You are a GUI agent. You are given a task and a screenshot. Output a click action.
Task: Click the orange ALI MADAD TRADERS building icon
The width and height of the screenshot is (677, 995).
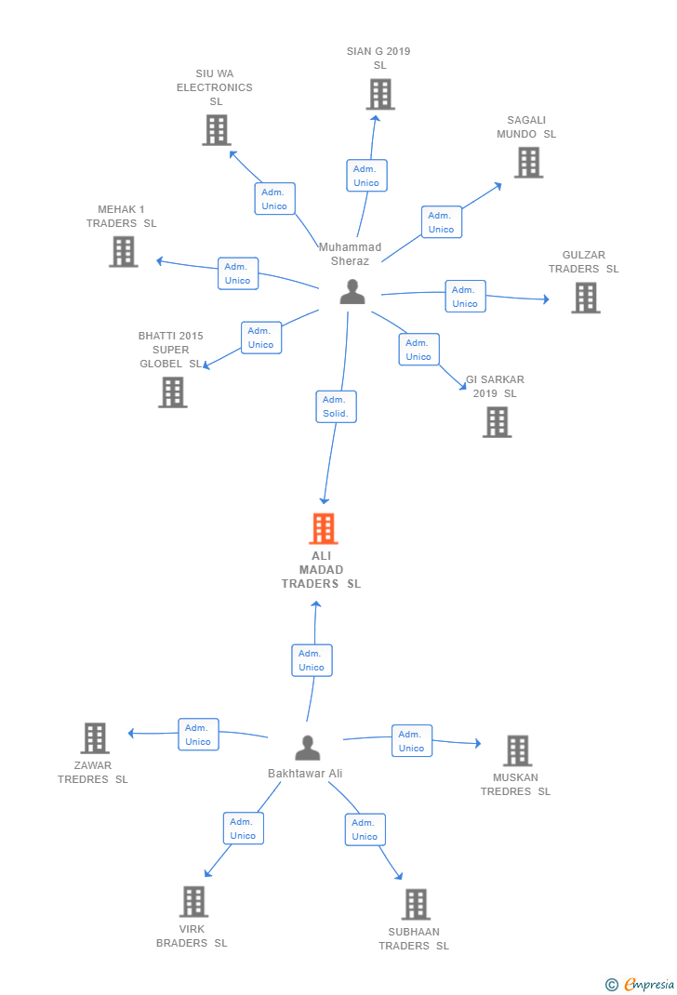(323, 528)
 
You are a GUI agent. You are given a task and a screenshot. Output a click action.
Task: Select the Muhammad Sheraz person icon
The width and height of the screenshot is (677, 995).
(352, 291)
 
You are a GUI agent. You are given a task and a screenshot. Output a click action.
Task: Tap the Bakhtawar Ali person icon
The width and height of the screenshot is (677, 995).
(307, 748)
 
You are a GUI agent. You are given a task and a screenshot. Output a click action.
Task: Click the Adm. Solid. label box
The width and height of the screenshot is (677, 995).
(336, 406)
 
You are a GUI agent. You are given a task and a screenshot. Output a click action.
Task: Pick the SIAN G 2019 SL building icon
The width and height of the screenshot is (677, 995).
(379, 94)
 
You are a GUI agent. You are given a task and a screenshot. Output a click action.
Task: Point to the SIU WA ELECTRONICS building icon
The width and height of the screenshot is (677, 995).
(216, 130)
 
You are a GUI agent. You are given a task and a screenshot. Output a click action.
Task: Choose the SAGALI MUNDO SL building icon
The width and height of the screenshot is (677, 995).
(528, 162)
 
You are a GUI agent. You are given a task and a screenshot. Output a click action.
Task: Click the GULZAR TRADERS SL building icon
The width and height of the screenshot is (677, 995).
(585, 298)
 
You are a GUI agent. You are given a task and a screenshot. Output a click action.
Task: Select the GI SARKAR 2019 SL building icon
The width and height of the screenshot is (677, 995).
(497, 422)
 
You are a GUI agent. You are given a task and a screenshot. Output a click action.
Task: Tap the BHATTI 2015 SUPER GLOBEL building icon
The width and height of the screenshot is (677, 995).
(172, 391)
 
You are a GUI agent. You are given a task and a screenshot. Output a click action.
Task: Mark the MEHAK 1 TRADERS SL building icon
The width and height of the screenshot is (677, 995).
(123, 251)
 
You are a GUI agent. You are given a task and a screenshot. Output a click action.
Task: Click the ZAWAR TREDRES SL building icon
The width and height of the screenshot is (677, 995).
(95, 738)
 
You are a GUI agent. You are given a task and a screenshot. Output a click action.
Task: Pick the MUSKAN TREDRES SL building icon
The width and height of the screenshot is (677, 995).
(517, 750)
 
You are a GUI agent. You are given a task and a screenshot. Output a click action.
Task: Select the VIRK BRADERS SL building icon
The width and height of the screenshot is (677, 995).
(192, 901)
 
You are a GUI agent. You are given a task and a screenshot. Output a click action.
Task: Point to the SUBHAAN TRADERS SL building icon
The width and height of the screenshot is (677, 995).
(415, 904)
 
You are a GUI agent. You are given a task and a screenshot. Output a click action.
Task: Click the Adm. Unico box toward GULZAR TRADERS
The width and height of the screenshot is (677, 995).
(465, 297)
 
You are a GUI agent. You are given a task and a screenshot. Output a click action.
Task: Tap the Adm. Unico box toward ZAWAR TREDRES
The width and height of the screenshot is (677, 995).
(198, 735)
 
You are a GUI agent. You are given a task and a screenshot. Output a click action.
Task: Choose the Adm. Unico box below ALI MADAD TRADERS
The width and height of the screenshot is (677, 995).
(312, 660)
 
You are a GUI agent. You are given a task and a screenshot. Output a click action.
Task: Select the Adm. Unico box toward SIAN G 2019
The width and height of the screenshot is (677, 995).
(366, 176)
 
